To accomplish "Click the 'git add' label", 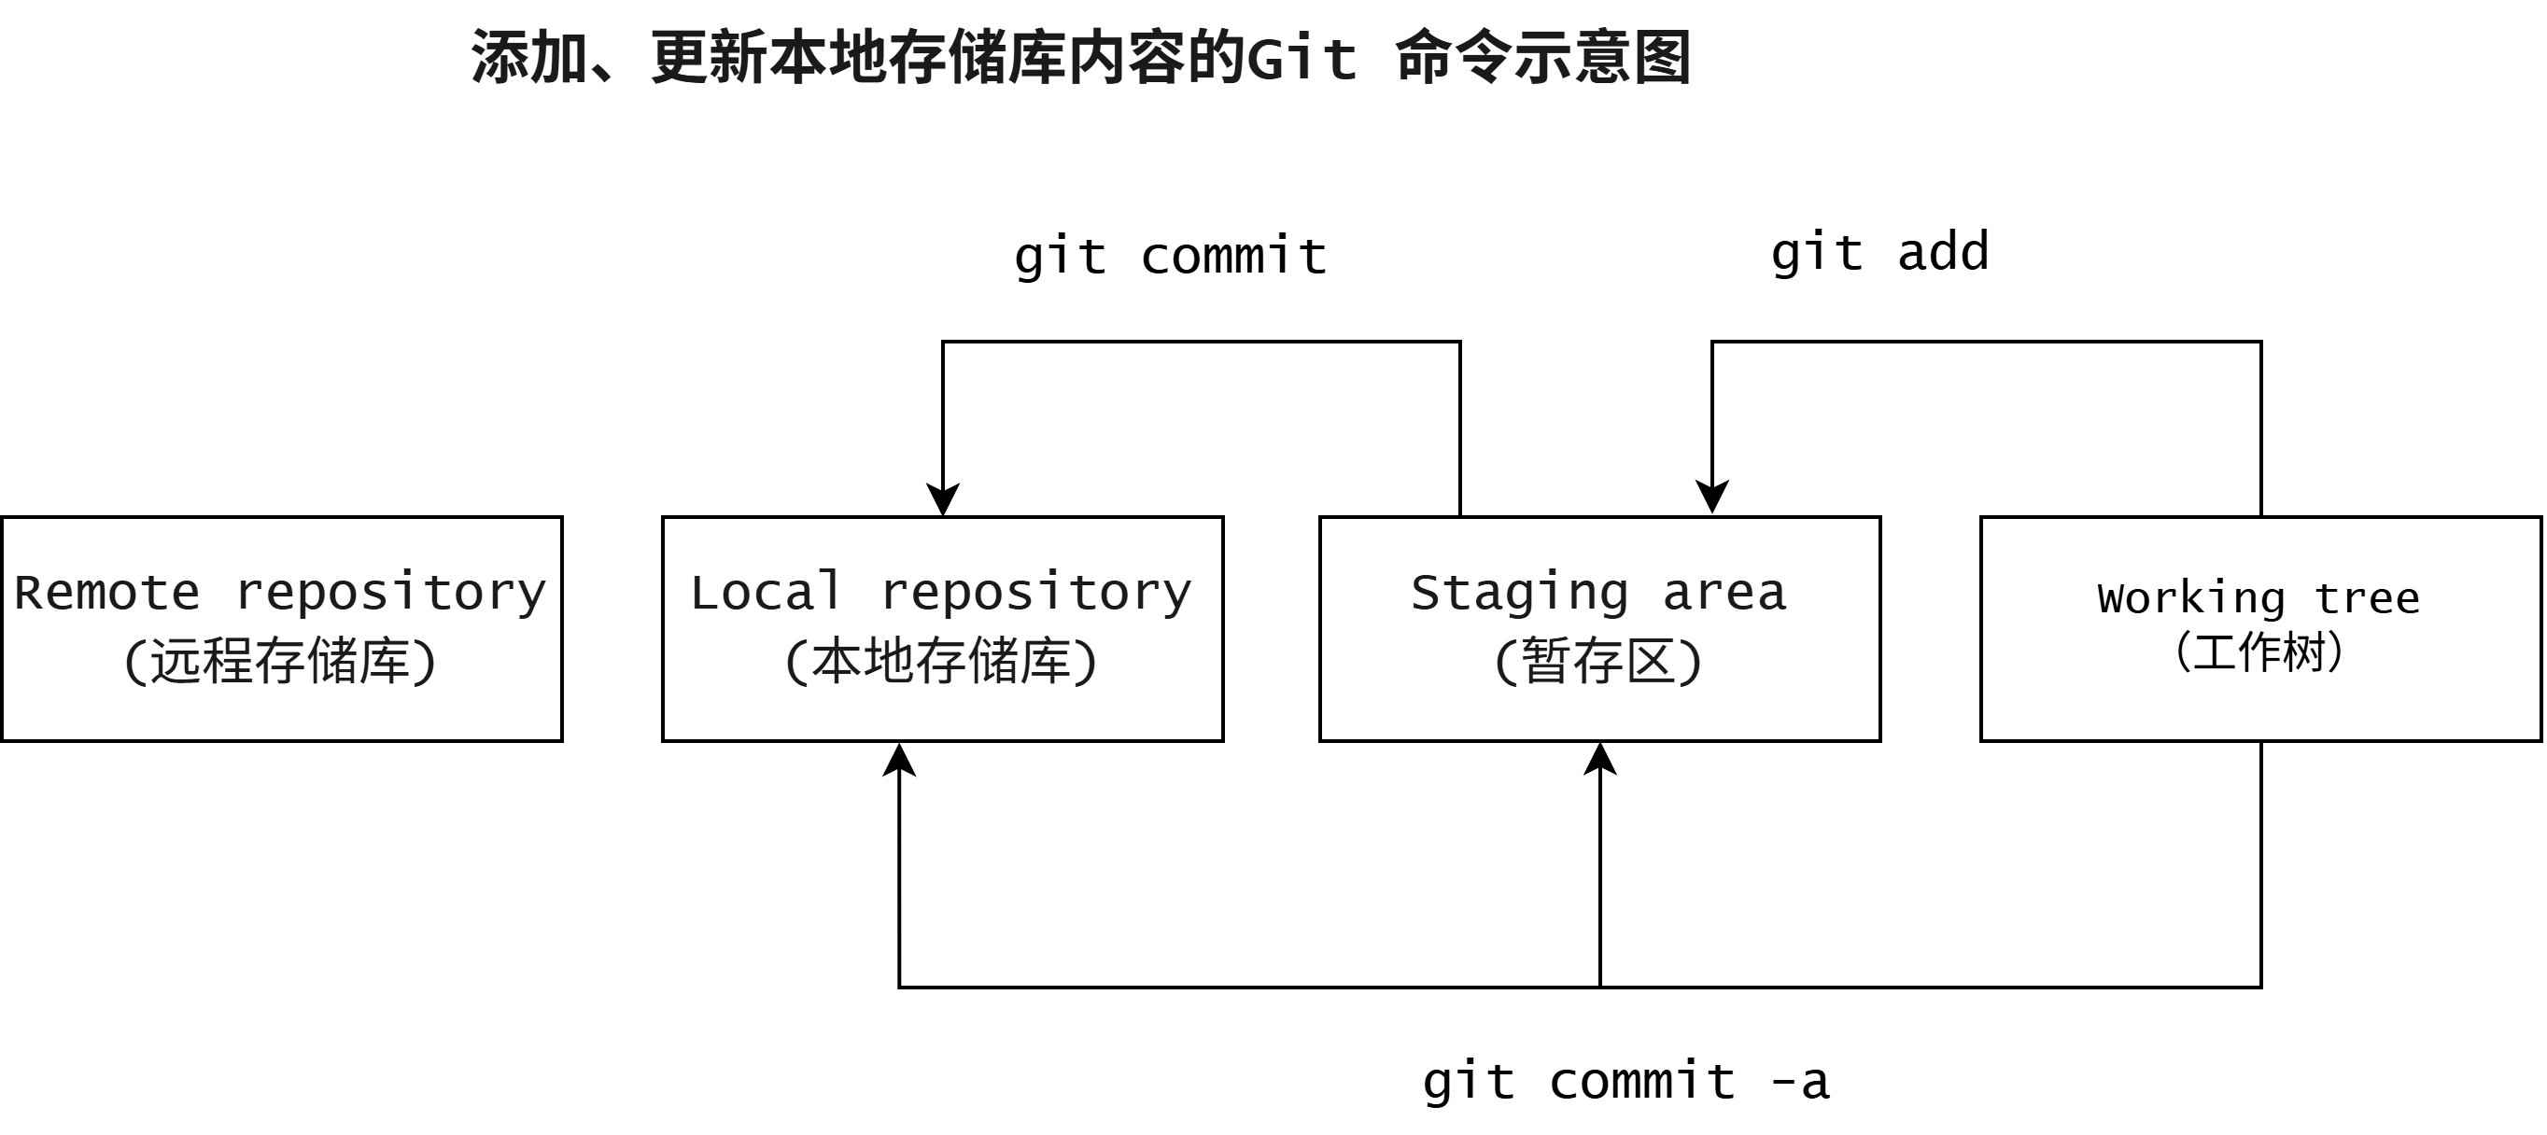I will [1879, 253].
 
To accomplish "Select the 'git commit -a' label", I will [1625, 1082].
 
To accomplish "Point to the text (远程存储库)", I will [280, 661].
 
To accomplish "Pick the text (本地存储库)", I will [941, 661].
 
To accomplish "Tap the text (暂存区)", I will [1598, 661].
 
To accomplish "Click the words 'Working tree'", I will [2259, 598].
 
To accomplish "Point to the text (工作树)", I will [2259, 652].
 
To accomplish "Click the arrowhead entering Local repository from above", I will [943, 499].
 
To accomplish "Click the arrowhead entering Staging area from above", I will [1712, 497].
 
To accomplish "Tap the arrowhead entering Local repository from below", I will [899, 762].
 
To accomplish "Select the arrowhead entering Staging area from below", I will [1599, 762].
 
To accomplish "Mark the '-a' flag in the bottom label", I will [1800, 1082].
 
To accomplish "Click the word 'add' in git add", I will [1943, 251].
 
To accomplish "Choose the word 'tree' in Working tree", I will [2367, 598].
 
